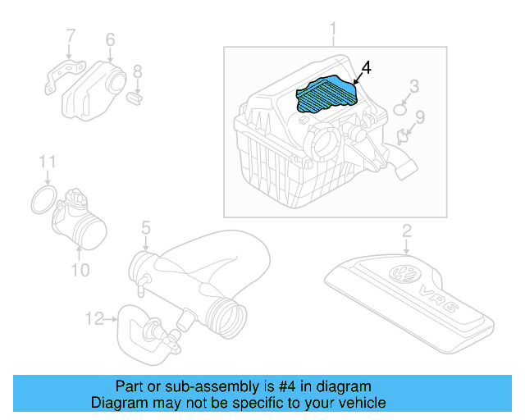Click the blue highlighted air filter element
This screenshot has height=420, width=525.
point(326,94)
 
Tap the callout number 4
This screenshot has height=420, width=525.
point(366,68)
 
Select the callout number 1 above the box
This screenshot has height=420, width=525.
point(333,31)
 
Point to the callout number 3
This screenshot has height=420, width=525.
point(414,85)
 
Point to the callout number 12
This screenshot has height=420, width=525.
point(94,317)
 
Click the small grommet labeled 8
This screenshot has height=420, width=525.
point(136,98)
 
